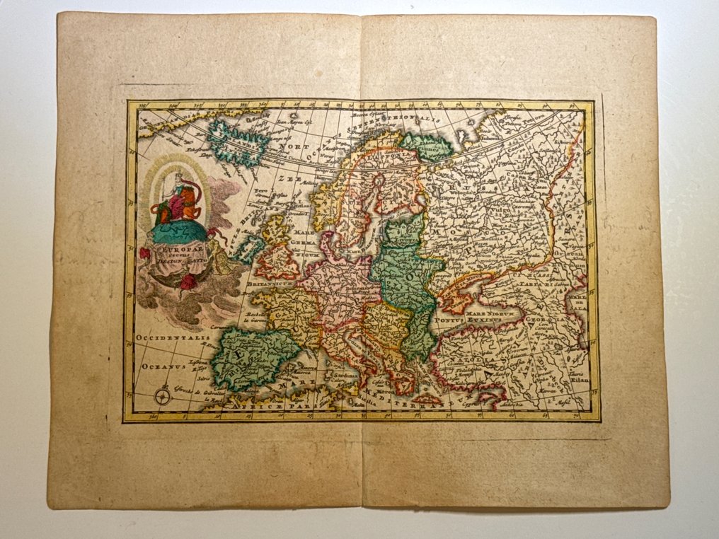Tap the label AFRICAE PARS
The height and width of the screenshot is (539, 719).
265,407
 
